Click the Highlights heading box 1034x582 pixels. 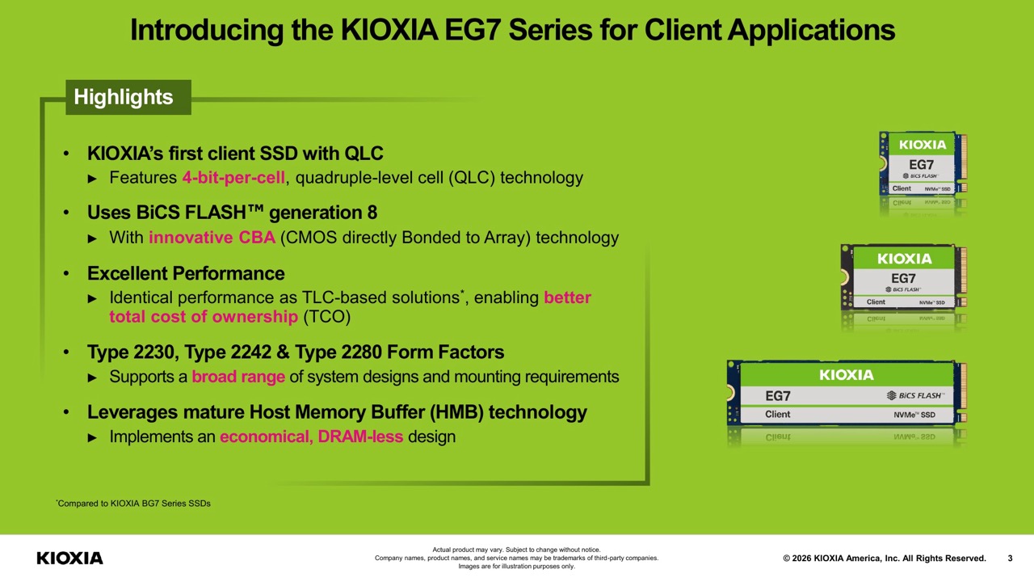point(128,97)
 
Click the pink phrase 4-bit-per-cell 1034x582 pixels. point(233,178)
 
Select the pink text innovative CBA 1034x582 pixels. point(212,238)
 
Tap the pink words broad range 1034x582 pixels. point(238,377)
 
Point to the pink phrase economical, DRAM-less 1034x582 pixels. point(312,437)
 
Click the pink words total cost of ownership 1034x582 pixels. point(204,317)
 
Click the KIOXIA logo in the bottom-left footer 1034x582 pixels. point(69,558)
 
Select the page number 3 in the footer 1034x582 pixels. point(1010,559)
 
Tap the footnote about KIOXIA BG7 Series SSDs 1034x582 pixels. point(133,504)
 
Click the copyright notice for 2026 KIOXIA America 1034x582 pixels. point(885,559)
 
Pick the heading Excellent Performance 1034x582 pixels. point(186,273)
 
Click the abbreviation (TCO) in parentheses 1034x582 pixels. point(327,317)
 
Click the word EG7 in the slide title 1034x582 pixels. point(473,30)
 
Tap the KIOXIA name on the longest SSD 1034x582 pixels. point(847,374)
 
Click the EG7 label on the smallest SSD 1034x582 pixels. point(922,164)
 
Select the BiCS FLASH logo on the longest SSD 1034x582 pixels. point(916,395)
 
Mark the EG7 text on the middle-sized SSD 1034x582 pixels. point(903,279)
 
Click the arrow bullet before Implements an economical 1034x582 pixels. point(92,437)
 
